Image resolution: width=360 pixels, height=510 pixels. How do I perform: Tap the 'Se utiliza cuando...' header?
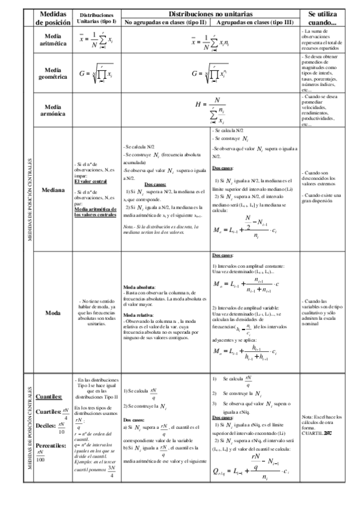tap(323, 17)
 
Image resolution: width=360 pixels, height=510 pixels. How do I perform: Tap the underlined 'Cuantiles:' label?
tap(48, 396)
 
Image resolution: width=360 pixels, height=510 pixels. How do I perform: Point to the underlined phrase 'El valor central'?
tap(90, 181)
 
